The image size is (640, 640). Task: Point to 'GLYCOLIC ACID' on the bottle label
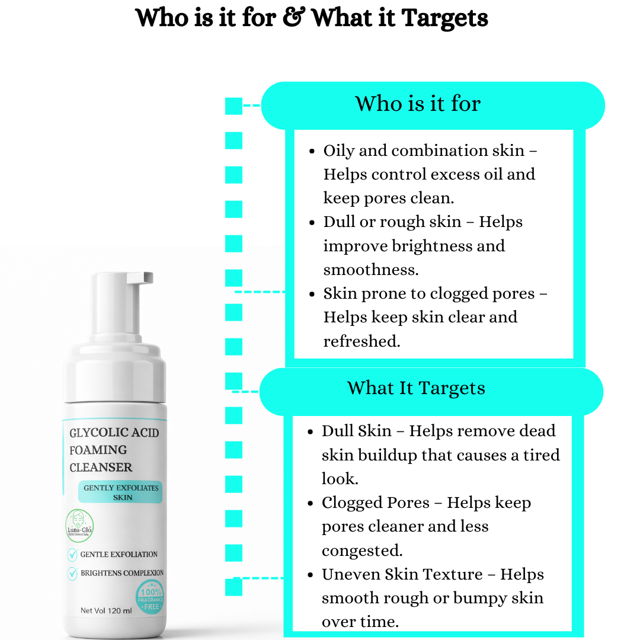(x=114, y=433)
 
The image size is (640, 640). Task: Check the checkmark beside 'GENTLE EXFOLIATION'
(x=72, y=555)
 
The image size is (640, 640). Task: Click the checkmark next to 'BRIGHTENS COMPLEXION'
(x=72, y=573)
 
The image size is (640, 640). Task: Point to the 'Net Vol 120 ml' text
(x=106, y=610)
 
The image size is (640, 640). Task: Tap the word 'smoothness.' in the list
(x=371, y=270)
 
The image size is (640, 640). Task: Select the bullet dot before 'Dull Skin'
(x=312, y=432)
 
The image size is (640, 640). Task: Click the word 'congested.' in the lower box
(x=362, y=551)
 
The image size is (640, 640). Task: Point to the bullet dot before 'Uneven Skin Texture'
(x=312, y=575)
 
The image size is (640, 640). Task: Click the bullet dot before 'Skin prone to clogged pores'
(x=312, y=294)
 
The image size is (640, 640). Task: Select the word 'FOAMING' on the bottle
(x=98, y=450)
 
